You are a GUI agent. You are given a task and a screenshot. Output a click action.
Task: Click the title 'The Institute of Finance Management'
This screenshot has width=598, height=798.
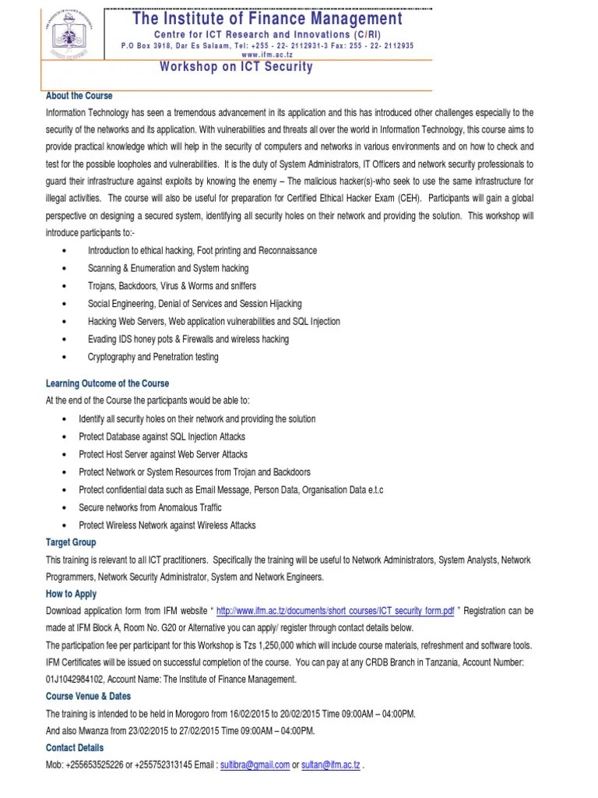[268, 18]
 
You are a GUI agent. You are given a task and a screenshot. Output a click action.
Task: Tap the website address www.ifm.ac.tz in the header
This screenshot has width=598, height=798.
[268, 55]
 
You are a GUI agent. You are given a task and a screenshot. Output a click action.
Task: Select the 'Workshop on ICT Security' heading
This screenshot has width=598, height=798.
[236, 67]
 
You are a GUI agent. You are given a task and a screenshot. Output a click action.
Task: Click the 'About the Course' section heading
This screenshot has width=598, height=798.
[79, 96]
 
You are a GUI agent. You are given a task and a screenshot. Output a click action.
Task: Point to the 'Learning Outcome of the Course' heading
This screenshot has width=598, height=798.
[107, 383]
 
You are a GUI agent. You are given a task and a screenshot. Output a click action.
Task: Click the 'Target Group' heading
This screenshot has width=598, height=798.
[71, 542]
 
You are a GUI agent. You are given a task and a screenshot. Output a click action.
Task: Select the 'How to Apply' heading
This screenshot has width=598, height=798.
[72, 594]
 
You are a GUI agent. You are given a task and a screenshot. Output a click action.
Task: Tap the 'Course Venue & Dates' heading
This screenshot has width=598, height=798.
[88, 696]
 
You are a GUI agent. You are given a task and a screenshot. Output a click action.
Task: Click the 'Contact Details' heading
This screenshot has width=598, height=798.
[75, 748]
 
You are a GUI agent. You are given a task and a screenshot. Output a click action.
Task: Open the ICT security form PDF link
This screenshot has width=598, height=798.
[335, 612]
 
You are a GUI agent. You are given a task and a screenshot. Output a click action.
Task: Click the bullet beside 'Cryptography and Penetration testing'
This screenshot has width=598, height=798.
[62, 357]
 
